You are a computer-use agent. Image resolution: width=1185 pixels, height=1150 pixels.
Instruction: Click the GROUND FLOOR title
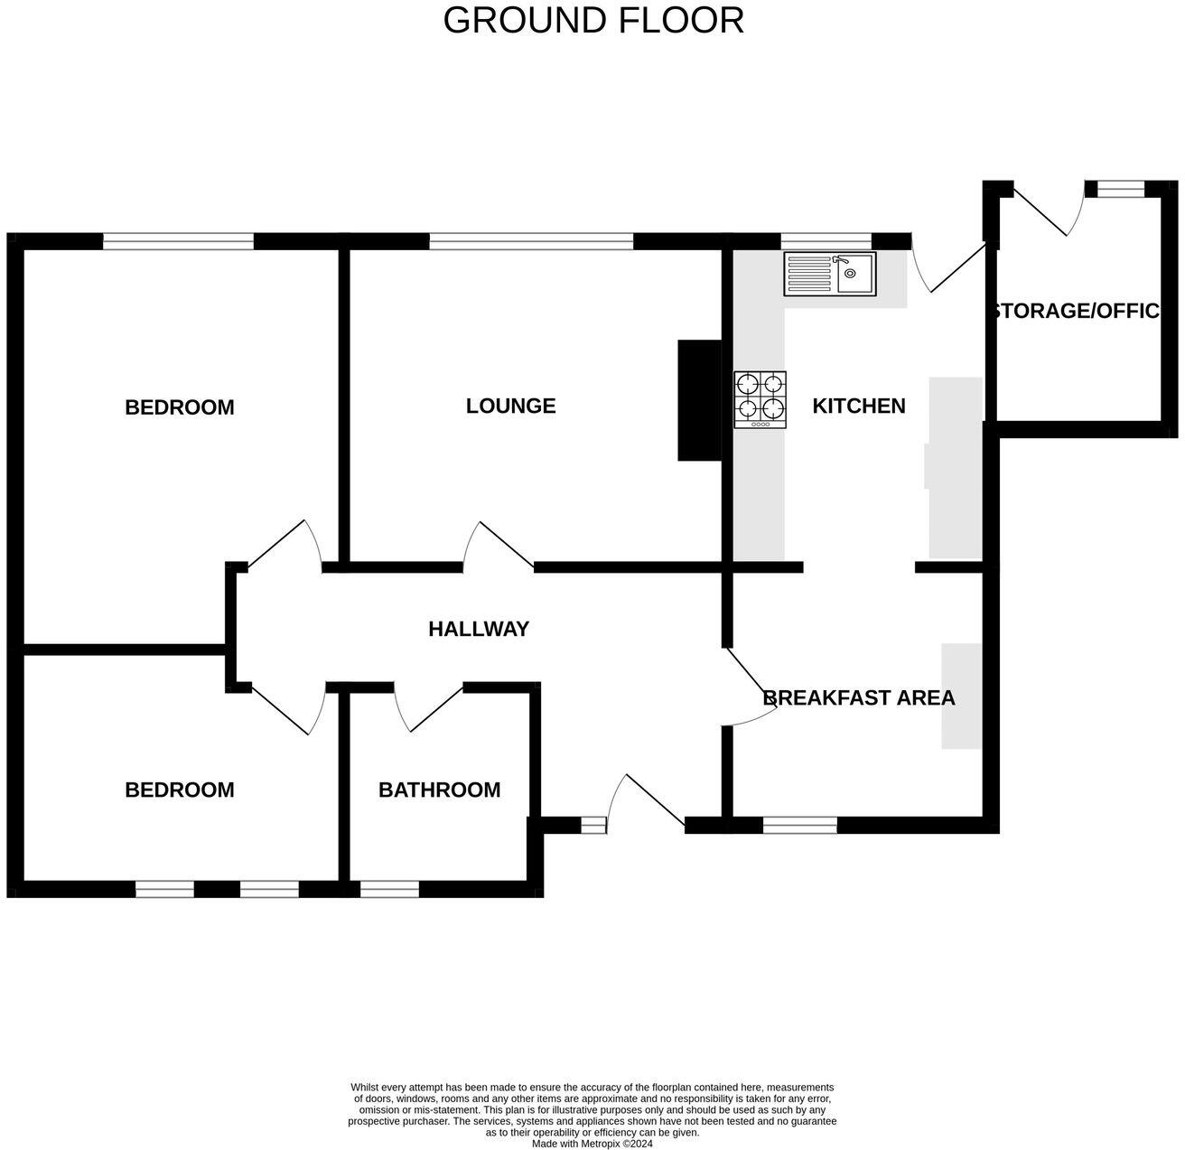[592, 21]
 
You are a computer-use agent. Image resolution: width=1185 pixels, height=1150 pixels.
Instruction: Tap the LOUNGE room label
[510, 406]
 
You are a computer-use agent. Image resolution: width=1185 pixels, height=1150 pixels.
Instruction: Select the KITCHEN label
[858, 406]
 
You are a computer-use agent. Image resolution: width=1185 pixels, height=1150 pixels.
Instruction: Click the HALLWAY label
[478, 629]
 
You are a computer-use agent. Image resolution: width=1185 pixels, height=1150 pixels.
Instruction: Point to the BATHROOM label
[439, 790]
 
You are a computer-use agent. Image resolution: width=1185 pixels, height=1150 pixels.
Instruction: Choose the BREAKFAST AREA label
[858, 697]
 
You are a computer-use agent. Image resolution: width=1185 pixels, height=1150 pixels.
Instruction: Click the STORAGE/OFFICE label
[1075, 311]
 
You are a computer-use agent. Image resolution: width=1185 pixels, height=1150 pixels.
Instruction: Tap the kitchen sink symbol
[830, 273]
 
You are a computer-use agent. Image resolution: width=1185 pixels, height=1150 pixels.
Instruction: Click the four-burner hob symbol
[760, 399]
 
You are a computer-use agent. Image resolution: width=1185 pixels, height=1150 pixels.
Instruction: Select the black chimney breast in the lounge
[700, 400]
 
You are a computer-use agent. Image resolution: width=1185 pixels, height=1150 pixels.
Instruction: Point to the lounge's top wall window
[531, 241]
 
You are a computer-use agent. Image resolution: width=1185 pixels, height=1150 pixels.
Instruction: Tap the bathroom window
[389, 890]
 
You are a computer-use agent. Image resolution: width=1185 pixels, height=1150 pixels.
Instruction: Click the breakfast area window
[800, 825]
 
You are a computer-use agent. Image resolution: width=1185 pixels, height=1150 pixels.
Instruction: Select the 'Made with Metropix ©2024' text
[592, 1143]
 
